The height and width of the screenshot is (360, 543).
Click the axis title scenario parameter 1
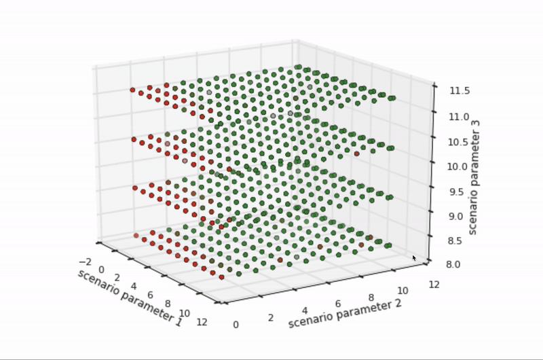(130, 298)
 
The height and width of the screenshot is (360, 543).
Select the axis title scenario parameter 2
(344, 312)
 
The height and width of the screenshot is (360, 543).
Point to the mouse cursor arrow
(414, 257)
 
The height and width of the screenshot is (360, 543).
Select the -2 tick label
(85, 262)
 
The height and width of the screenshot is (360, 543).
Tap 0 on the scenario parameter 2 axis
(236, 325)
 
